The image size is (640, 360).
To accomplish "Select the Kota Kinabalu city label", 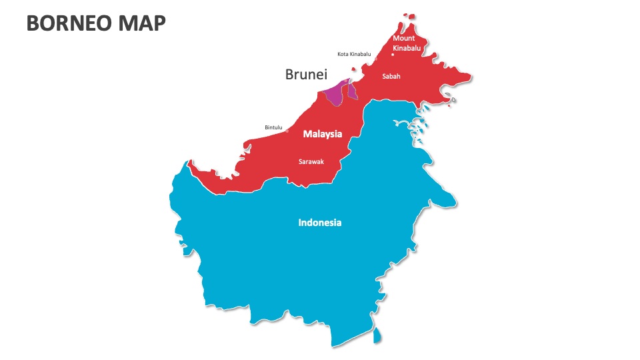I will [x=354, y=54].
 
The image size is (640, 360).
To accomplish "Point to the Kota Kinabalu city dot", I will [x=375, y=59].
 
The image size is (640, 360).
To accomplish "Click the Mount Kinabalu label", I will [x=407, y=43].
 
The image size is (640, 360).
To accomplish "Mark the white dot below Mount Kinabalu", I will [x=393, y=55].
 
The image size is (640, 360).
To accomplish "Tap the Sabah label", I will [x=391, y=76].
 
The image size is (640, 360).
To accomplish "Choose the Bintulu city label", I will [x=274, y=127].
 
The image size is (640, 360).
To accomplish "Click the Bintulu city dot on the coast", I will [x=287, y=131].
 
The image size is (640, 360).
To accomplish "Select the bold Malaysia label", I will [x=323, y=134].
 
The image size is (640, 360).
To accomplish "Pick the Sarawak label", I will [x=311, y=161].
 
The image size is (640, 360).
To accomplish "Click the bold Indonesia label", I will [x=320, y=223].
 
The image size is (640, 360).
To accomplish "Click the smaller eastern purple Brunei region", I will [x=353, y=91].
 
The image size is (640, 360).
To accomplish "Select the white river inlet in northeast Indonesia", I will [x=403, y=123].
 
